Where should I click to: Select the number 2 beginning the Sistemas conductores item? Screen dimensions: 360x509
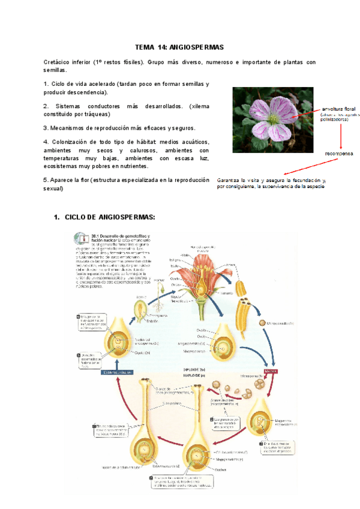[x=46, y=106]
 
